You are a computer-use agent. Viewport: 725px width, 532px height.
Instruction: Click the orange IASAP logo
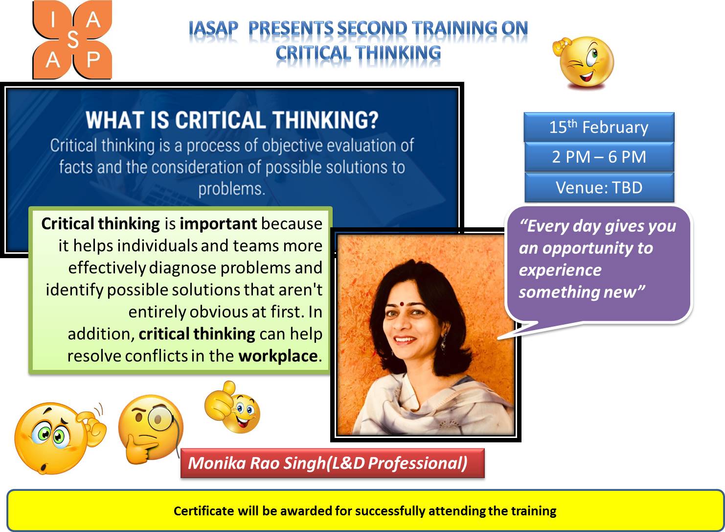(x=72, y=40)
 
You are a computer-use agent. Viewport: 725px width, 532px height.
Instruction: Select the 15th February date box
(x=599, y=127)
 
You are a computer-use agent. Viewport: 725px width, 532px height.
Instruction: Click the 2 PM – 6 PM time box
(x=599, y=157)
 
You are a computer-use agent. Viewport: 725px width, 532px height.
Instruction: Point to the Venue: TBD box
(x=599, y=188)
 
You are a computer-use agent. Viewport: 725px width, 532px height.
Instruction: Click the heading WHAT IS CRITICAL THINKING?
(x=232, y=120)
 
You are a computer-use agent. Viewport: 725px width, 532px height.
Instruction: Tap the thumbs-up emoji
(x=232, y=407)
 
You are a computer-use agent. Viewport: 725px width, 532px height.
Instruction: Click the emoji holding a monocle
(x=151, y=429)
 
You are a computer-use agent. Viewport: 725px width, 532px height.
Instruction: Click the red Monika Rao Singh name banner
(x=332, y=463)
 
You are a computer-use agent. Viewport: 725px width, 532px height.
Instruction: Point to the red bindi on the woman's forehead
(x=401, y=304)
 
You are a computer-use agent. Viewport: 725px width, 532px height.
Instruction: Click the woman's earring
(x=443, y=341)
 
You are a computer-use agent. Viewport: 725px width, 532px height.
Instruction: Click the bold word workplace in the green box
(x=278, y=356)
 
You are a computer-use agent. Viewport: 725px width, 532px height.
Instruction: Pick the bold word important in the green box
(x=219, y=224)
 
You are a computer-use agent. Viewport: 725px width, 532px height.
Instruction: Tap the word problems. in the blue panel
(x=232, y=189)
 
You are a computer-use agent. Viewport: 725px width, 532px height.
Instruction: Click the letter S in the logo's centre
(x=73, y=40)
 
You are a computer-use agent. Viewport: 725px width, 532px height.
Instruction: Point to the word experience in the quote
(x=560, y=270)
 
